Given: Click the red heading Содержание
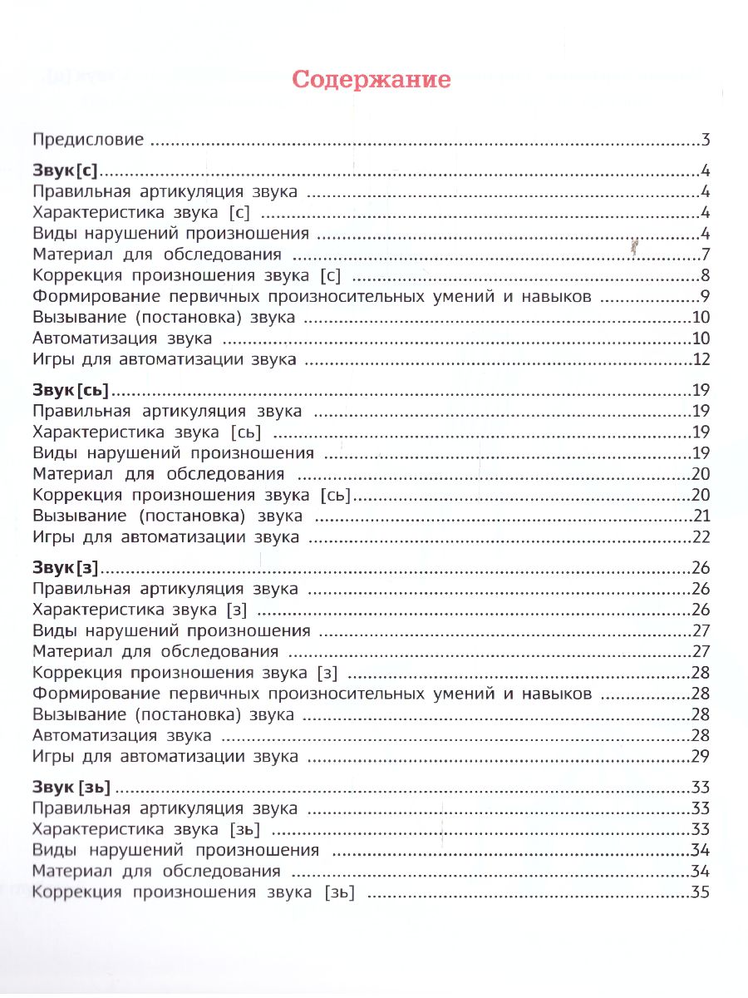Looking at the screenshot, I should pyautogui.click(x=372, y=80).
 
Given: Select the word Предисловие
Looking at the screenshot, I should pyautogui.click(x=88, y=140).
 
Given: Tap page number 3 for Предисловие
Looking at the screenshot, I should pyautogui.click(x=704, y=140).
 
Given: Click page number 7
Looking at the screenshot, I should pyautogui.click(x=704, y=254).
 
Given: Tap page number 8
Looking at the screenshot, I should pyautogui.click(x=704, y=276).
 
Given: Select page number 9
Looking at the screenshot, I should pyautogui.click(x=704, y=297).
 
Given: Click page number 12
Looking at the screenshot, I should pyautogui.click(x=700, y=360).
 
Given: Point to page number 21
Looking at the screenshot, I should pyautogui.click(x=700, y=516).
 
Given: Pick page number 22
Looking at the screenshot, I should pyautogui.click(x=700, y=538).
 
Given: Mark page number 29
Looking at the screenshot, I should pyautogui.click(x=700, y=757).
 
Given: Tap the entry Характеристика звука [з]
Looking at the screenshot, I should pyautogui.click(x=140, y=610).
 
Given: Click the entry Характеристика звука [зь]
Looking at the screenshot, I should pyautogui.click(x=146, y=829).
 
